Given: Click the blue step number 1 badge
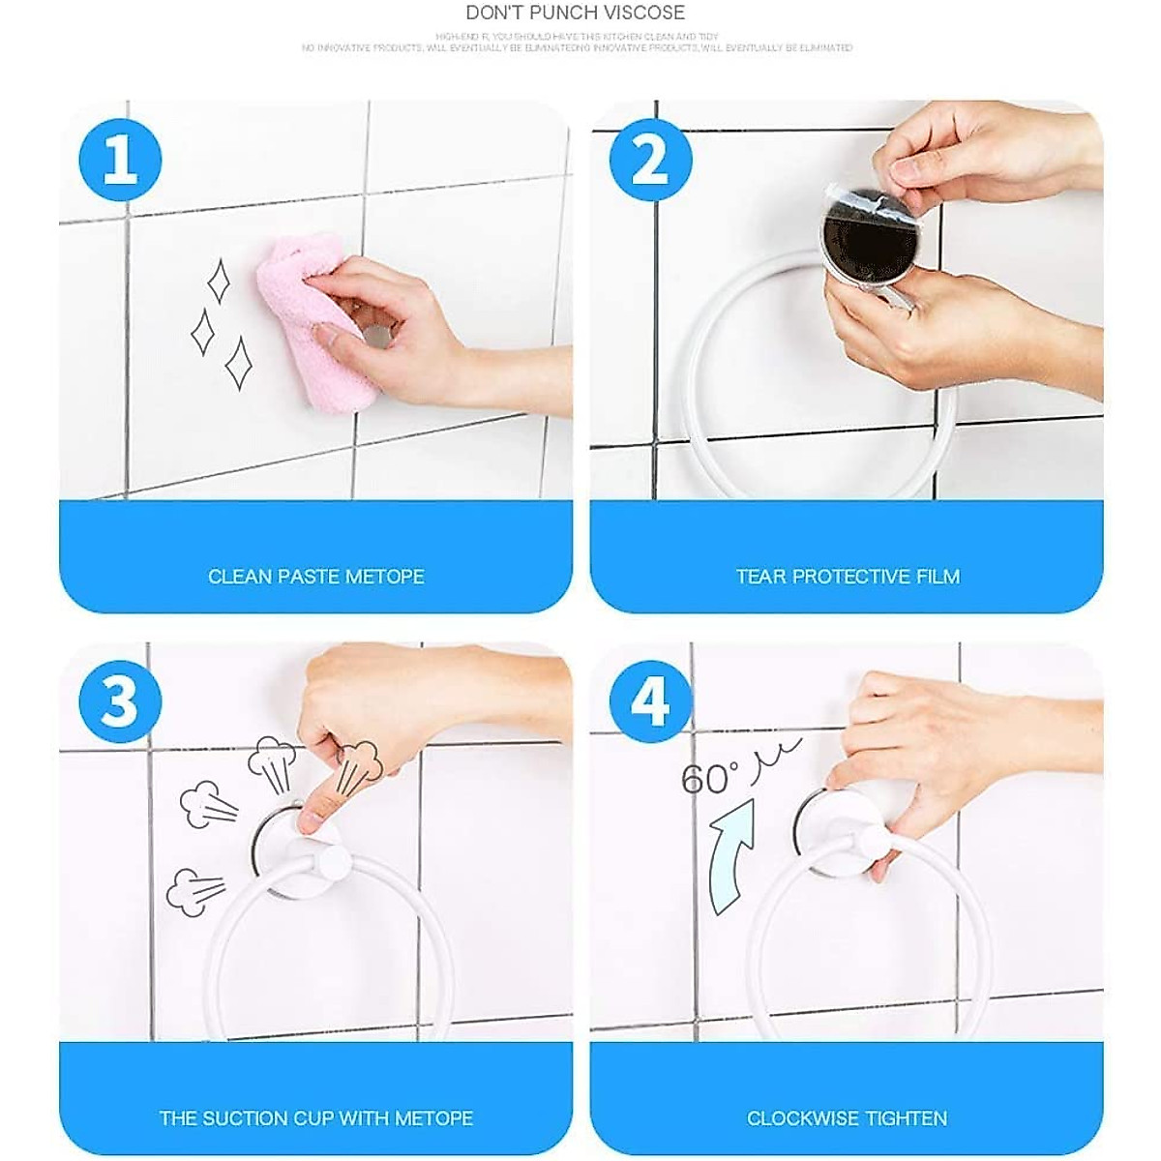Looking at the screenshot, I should click(x=121, y=160).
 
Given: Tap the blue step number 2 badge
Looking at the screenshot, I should click(x=650, y=160).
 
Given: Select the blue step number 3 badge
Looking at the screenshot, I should click(x=120, y=701).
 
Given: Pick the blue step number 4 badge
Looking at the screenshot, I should click(x=650, y=701).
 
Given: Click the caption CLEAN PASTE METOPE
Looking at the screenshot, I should click(x=316, y=577).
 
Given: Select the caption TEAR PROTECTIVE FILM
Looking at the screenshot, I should click(x=848, y=577).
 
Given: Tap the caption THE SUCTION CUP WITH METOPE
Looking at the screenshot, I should click(x=316, y=1118).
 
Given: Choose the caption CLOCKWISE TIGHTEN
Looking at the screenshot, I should click(x=847, y=1118).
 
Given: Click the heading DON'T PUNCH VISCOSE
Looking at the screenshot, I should click(x=575, y=14).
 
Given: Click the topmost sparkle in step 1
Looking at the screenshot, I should click(x=220, y=282).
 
